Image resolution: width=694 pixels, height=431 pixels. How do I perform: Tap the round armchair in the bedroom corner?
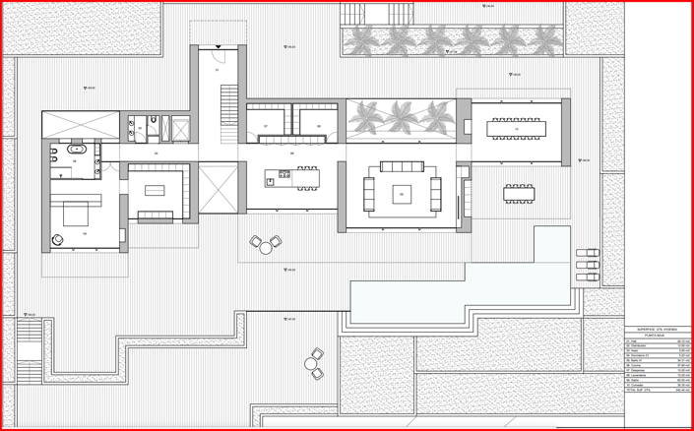(58, 239)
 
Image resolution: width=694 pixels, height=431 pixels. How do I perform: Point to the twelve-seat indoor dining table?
(516, 129)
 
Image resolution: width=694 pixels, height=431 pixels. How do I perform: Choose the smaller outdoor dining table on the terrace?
(519, 193)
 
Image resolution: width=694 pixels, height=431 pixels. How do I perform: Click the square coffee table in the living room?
(402, 193)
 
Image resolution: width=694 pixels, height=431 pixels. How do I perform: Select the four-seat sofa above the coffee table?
(402, 165)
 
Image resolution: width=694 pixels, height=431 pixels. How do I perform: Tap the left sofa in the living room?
(370, 194)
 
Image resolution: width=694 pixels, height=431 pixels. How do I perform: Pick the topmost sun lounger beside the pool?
(588, 254)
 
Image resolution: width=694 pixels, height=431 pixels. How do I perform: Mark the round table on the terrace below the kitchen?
(265, 248)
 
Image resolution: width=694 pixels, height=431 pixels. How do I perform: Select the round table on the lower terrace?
(312, 364)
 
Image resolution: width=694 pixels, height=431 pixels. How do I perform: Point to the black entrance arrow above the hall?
(219, 46)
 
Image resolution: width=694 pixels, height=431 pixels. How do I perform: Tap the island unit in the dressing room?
(155, 190)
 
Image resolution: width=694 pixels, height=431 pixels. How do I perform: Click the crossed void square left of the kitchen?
(218, 187)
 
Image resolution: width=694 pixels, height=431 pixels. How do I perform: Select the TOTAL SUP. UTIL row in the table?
(657, 391)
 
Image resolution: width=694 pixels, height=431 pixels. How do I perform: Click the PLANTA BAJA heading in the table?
(657, 336)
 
